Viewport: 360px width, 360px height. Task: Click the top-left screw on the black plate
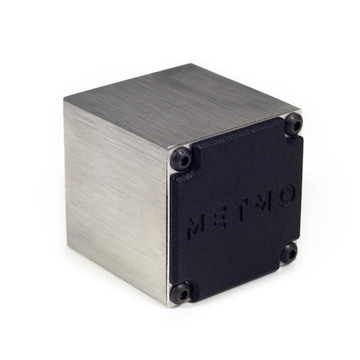[181, 158]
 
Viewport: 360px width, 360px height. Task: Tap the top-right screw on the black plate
[294, 123]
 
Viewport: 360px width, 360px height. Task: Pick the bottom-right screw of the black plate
[289, 252]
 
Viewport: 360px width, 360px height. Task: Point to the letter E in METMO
[221, 217]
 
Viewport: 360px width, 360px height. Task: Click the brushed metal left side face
[115, 196]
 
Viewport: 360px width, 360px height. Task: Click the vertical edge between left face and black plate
[168, 229]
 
